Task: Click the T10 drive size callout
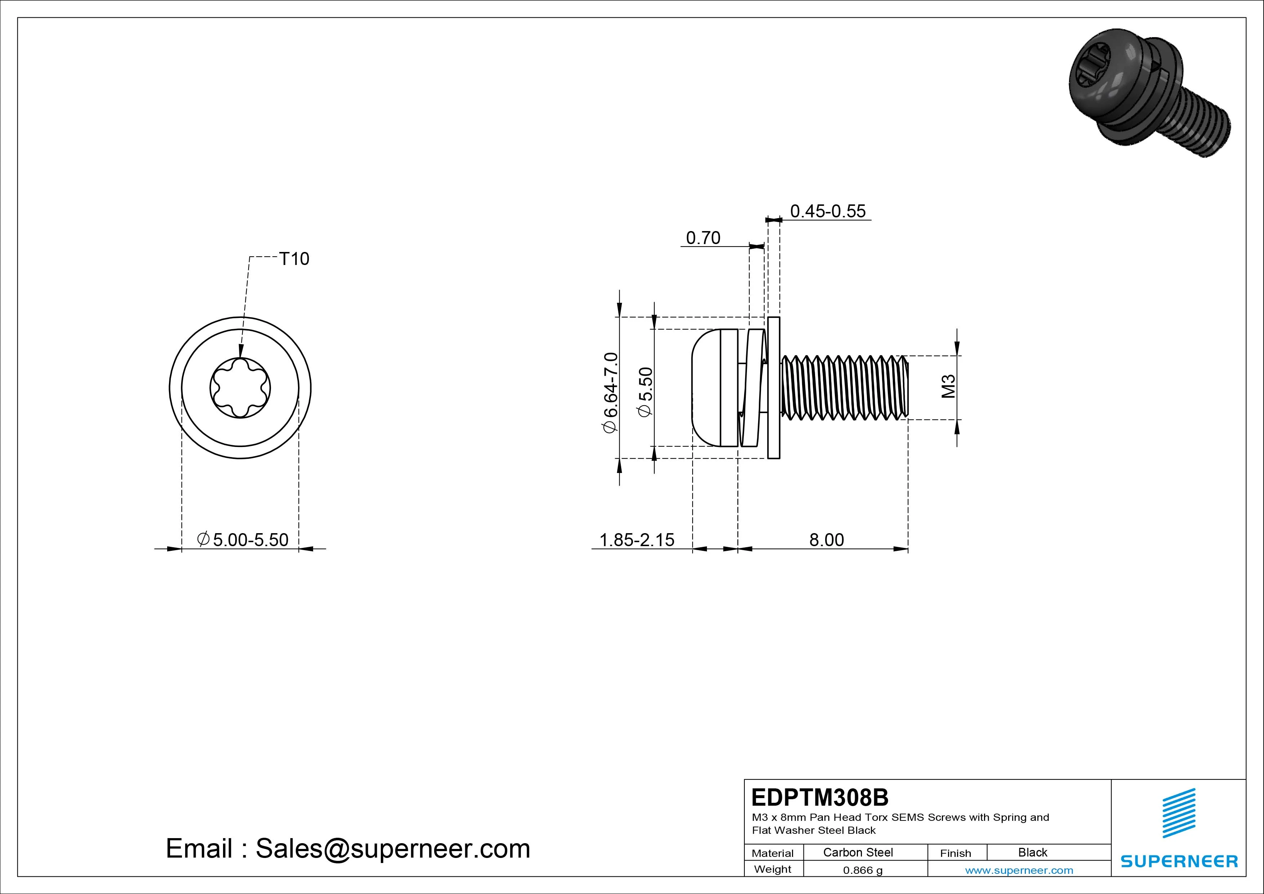click(x=294, y=258)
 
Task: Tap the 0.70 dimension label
click(x=703, y=238)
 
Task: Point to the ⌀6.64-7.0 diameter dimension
click(x=611, y=393)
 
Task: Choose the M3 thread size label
click(x=948, y=387)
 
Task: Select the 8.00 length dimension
click(x=826, y=539)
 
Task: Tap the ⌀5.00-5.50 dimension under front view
click(x=243, y=539)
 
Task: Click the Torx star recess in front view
click(x=240, y=387)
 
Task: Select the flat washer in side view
click(x=774, y=387)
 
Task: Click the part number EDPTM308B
click(x=820, y=797)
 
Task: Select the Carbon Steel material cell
click(x=858, y=852)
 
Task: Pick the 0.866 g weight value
click(x=863, y=870)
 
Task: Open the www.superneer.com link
click(x=1019, y=870)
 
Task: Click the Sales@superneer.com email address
click(x=392, y=848)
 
